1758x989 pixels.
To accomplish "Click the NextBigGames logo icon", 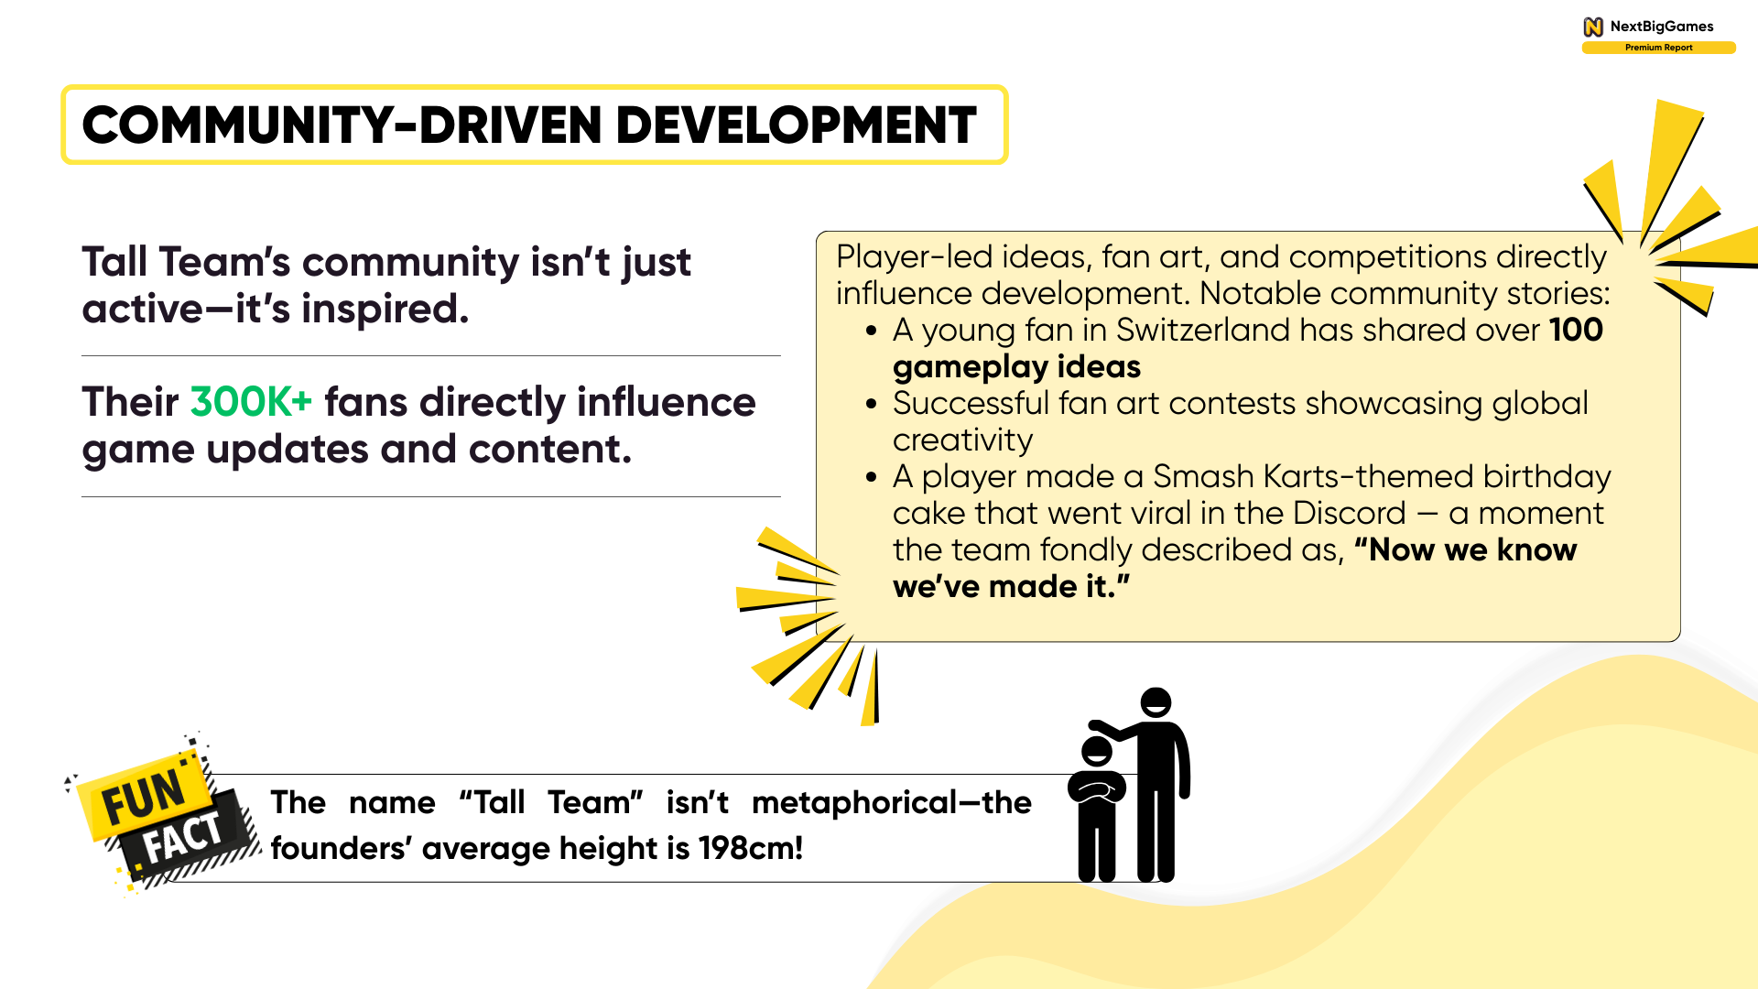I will click(1593, 27).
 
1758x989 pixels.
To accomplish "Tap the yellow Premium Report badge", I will click(1658, 48).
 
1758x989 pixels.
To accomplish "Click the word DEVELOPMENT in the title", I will click(796, 125).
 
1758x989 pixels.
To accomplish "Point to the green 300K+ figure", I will click(251, 402).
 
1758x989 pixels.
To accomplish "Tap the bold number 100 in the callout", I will click(1576, 330).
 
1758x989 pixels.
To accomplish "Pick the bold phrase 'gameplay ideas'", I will click(1016, 367).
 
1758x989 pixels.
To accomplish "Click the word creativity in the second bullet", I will click(962, 440).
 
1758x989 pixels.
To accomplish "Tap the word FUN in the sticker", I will click(145, 794).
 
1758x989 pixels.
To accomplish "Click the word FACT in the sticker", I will click(183, 838).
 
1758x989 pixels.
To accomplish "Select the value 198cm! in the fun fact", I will click(750, 848).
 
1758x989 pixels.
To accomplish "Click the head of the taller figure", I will click(1156, 702).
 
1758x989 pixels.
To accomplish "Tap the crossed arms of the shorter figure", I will click(1097, 788).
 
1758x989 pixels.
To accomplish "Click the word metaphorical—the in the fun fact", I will click(891, 802).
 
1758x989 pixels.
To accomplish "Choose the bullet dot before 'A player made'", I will click(872, 477).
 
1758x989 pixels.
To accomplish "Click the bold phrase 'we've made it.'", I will click(1011, 587).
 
